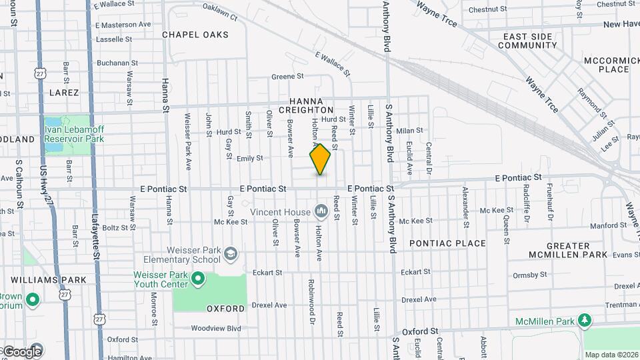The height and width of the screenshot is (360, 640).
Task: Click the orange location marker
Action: pyautogui.click(x=320, y=159)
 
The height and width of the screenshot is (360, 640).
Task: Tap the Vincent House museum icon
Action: pyautogui.click(x=321, y=212)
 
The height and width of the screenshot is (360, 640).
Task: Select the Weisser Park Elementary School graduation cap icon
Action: pyautogui.click(x=230, y=253)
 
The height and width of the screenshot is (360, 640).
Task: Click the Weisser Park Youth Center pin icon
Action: pyautogui.click(x=197, y=278)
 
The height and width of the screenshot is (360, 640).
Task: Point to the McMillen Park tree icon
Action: pyautogui.click(x=585, y=321)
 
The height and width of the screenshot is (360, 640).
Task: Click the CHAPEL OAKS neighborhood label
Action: pyautogui.click(x=195, y=35)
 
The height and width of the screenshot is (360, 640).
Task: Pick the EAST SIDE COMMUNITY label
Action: pyautogui.click(x=527, y=41)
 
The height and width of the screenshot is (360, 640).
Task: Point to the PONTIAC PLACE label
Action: pyautogui.click(x=447, y=243)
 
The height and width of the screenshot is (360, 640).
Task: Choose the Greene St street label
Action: pyautogui.click(x=287, y=77)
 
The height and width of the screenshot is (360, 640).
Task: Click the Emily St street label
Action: pyautogui.click(x=250, y=158)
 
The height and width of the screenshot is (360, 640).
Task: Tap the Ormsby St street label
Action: pyautogui.click(x=530, y=275)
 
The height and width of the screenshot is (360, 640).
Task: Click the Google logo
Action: pyautogui.click(x=23, y=351)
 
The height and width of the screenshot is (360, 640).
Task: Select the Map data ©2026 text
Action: pyautogui.click(x=611, y=355)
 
